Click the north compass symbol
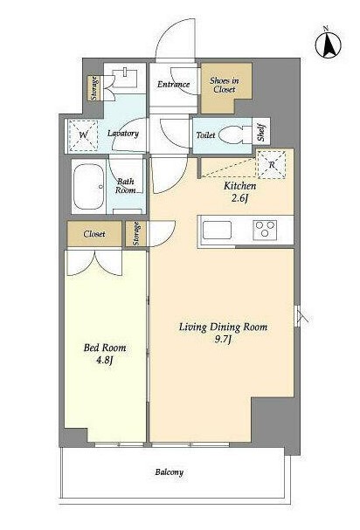[328, 44]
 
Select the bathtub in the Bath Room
[88, 187]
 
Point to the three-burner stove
[265, 229]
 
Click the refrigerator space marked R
[272, 165]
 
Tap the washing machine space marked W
[83, 135]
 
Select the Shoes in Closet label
[225, 85]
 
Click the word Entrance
[173, 84]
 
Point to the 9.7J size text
[223, 339]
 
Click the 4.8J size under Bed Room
[104, 360]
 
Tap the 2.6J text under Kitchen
[240, 197]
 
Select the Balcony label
[170, 472]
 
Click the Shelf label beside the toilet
[261, 134]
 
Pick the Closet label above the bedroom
[94, 233]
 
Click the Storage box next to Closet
[136, 233]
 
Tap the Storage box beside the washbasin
[95, 88]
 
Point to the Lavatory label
[123, 134]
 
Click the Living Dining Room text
[223, 327]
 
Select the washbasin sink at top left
[124, 78]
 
